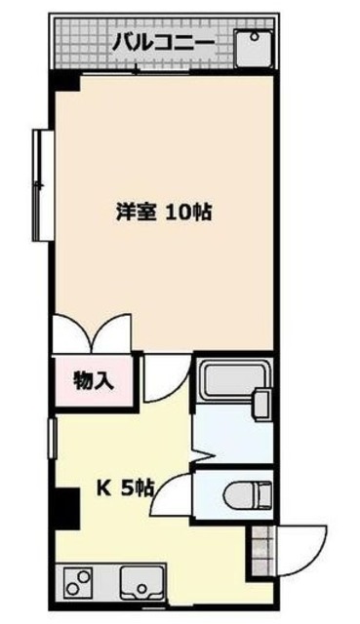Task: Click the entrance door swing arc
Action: coord(299,549)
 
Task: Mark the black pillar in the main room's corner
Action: coord(64,85)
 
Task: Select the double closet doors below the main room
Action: coord(93,337)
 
